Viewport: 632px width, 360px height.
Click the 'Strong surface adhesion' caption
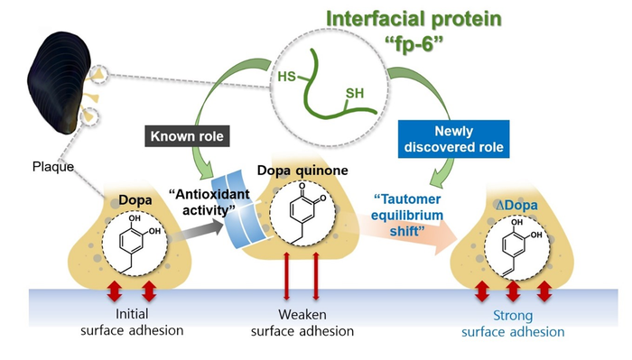513,325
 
